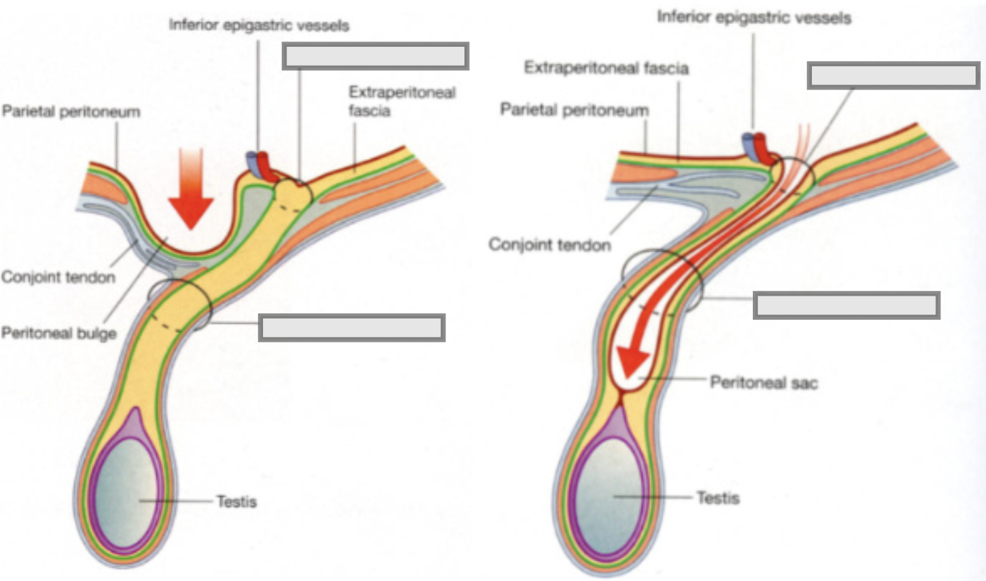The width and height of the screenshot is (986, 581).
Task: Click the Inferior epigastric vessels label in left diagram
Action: coord(259,25)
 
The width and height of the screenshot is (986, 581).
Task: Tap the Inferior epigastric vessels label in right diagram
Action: coord(754,17)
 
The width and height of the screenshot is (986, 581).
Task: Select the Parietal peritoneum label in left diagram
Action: coord(71,111)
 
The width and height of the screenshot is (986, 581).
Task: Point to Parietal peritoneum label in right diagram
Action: coord(574,110)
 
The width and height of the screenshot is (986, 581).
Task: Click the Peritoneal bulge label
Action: coord(59,333)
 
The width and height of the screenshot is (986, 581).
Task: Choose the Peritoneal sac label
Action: coord(764,382)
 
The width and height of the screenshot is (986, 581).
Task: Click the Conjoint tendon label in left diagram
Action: coord(58,277)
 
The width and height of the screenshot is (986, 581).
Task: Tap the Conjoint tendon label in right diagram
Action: coord(550,244)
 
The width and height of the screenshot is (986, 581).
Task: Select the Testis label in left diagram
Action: coord(236,501)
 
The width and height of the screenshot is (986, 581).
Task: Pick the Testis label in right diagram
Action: coord(718,498)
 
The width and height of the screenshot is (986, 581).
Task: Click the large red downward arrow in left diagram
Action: coord(191,188)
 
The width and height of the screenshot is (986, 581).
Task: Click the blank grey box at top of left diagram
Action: coord(375,56)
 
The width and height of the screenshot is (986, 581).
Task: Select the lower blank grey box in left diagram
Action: coord(351,328)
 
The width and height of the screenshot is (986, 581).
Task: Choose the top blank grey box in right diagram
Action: coord(894,75)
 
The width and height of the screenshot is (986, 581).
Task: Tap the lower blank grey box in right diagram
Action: coord(846,305)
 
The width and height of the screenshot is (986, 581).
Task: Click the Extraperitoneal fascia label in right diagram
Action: coord(606,68)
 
